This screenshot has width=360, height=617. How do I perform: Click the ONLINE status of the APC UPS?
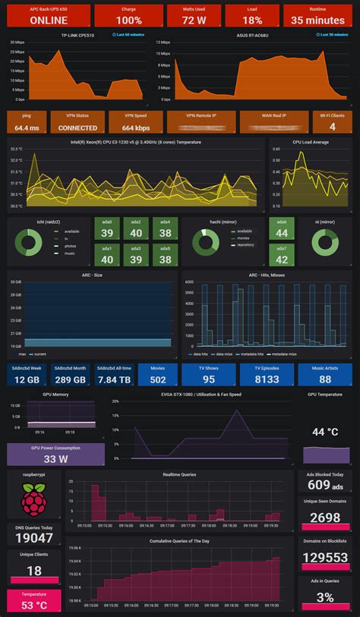pyautogui.click(x=48, y=20)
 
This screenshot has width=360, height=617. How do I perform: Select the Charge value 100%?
pyautogui.click(x=129, y=20)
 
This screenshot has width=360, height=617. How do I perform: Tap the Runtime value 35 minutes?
pyautogui.click(x=317, y=20)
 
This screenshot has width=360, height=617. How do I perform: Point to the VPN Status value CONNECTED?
pyautogui.click(x=77, y=128)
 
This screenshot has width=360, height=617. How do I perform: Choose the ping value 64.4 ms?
pyautogui.click(x=27, y=128)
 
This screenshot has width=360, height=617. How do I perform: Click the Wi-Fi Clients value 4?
pyautogui.click(x=332, y=127)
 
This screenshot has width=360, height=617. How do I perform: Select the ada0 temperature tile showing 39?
pyautogui.click(x=107, y=233)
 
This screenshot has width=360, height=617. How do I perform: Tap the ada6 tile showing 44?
pyautogui.click(x=282, y=233)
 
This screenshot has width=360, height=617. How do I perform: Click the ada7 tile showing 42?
pyautogui.click(x=282, y=260)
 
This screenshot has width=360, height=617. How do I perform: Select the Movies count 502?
pyautogui.click(x=158, y=379)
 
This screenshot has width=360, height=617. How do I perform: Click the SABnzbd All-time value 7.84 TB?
pyautogui.click(x=113, y=379)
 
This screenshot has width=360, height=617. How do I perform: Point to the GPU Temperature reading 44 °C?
pyautogui.click(x=325, y=432)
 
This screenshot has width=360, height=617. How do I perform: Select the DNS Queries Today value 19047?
pyautogui.click(x=33, y=538)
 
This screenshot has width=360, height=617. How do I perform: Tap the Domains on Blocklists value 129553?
pyautogui.click(x=325, y=558)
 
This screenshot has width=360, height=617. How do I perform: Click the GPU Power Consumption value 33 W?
pyautogui.click(x=55, y=458)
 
